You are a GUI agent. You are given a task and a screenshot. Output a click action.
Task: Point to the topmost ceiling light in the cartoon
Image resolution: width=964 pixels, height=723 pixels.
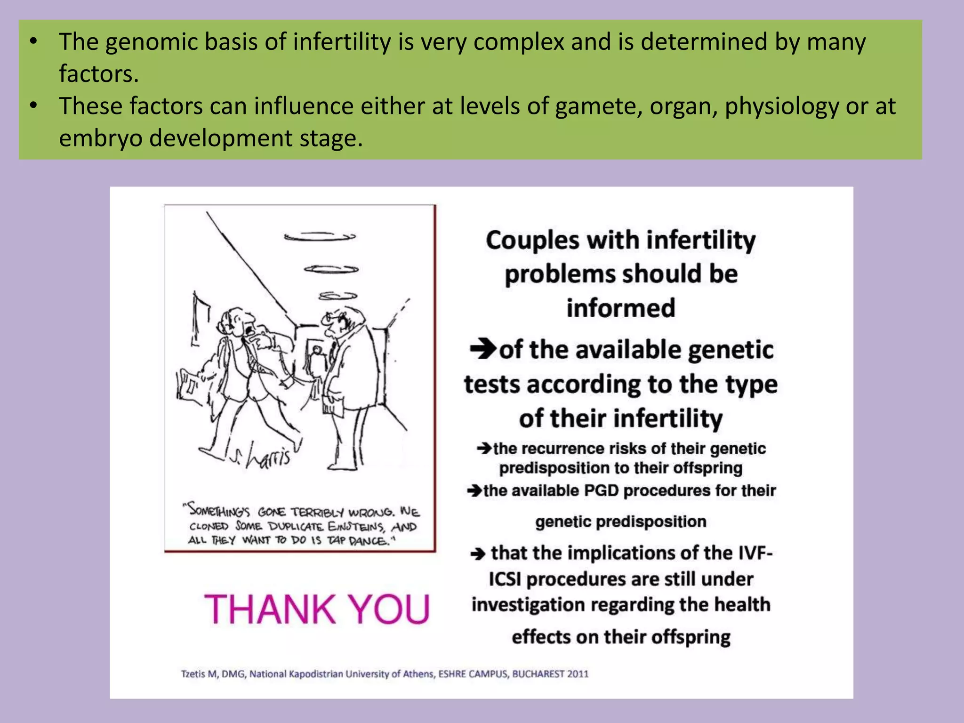(320, 237)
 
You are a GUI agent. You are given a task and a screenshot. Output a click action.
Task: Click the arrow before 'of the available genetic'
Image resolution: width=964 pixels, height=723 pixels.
(483, 349)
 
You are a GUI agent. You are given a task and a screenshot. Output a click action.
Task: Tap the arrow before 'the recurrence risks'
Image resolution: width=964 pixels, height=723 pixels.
(484, 448)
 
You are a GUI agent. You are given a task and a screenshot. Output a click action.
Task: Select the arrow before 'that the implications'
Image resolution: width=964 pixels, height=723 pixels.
(478, 554)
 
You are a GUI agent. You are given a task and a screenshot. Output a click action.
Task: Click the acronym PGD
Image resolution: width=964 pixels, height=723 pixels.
(601, 490)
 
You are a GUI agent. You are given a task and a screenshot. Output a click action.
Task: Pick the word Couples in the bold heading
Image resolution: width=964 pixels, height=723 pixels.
(532, 240)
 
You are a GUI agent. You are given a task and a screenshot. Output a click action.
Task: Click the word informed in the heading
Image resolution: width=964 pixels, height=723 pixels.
(620, 308)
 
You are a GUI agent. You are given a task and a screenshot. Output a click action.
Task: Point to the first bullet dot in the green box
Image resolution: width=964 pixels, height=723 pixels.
(33, 42)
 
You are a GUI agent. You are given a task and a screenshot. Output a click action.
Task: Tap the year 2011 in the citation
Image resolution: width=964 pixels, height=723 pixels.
(578, 674)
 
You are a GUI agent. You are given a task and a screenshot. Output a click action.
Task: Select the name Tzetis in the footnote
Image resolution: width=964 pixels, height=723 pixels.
(193, 674)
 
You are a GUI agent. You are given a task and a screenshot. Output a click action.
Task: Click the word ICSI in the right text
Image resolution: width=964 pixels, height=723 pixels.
(505, 579)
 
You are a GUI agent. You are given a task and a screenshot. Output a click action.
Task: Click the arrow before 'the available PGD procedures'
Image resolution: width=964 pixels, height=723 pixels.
(474, 491)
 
